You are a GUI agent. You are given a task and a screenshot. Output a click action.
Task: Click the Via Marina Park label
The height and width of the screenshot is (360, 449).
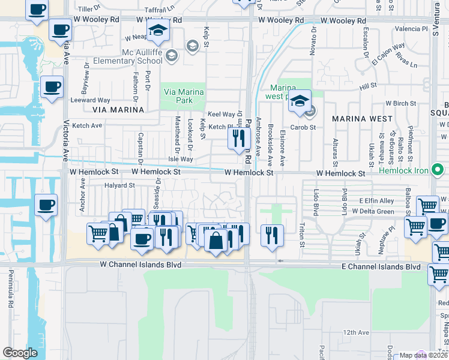[184, 96]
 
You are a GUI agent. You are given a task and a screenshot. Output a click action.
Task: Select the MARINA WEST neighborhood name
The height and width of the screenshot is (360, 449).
[362, 118]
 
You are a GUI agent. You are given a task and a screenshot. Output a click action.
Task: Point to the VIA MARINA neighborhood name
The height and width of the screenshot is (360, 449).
[118, 110]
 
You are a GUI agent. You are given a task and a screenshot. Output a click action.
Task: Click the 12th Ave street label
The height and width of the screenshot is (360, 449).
[356, 332]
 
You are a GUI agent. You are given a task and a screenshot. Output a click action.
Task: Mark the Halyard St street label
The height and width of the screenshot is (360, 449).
[119, 186]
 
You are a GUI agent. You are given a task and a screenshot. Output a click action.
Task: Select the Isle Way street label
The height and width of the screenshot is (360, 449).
[180, 159]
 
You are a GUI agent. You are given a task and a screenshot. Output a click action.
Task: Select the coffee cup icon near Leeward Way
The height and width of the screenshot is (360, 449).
[52, 88]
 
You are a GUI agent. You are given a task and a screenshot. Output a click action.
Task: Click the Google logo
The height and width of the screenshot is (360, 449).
[20, 353]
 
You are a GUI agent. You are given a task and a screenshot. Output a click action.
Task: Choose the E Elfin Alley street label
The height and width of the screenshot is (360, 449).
[377, 201]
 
